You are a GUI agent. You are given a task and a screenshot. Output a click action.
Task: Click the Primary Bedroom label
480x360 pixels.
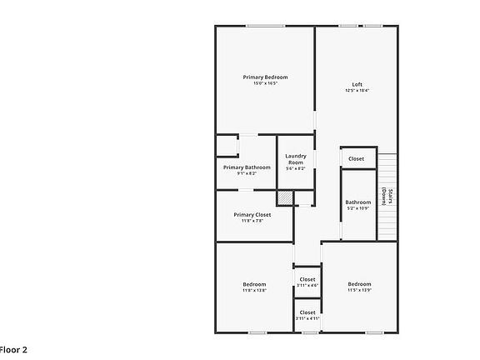point(265,77)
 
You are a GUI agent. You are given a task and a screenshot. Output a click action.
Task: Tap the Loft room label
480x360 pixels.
point(357,84)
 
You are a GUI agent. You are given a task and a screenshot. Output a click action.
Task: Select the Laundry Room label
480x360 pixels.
point(296,158)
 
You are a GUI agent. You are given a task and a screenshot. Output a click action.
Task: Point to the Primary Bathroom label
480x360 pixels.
point(247,167)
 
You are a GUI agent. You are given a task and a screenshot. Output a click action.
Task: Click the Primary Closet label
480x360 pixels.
point(252,215)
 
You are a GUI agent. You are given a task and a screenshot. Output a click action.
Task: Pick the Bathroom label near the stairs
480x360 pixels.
point(358,202)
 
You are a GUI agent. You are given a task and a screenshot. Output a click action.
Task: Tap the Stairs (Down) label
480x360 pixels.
point(387,197)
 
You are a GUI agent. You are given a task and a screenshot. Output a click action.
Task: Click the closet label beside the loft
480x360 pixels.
point(356,158)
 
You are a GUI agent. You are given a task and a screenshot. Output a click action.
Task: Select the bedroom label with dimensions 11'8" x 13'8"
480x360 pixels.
point(253,284)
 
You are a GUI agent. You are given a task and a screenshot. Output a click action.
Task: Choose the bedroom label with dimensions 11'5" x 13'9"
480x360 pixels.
point(359,284)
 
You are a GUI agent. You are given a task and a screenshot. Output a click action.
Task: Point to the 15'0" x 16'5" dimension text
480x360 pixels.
point(265,83)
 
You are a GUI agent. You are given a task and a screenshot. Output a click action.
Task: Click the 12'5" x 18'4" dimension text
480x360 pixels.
point(357,90)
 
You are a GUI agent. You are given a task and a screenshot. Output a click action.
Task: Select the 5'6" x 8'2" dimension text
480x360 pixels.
point(296,169)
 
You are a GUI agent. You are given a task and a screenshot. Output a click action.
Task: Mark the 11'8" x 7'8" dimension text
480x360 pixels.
point(252,221)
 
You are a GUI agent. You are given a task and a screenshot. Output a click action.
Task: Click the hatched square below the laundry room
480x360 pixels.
point(285,197)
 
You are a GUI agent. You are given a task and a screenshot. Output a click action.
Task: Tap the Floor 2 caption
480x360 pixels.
point(13,350)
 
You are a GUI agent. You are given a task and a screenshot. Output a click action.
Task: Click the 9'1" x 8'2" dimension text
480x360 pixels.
point(247,173)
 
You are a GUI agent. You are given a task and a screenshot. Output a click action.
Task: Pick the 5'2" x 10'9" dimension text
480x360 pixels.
point(358,207)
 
